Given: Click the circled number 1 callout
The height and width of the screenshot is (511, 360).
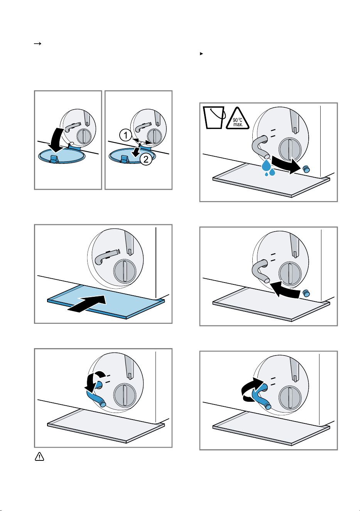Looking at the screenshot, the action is click(x=125, y=135).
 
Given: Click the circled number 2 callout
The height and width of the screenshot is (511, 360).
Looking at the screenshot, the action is click(x=146, y=159).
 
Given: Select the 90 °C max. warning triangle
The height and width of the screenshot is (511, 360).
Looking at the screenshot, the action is click(x=237, y=119).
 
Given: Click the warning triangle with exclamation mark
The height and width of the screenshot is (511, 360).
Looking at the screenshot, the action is click(x=39, y=457).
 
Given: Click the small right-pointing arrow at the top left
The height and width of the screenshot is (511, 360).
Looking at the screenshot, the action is click(x=37, y=43).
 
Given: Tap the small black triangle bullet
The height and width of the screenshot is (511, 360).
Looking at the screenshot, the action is click(x=201, y=54).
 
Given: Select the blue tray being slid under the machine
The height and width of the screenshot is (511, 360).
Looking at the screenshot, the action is click(x=106, y=301).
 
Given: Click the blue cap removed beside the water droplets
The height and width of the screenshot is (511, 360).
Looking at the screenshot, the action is click(x=306, y=169).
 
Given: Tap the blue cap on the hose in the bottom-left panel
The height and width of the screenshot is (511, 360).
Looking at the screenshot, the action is click(x=103, y=404).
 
